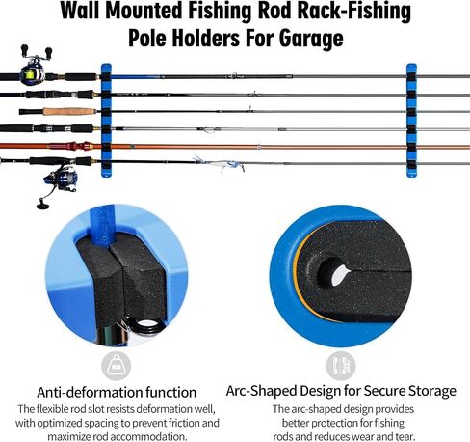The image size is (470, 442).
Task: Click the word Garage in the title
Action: (311, 39)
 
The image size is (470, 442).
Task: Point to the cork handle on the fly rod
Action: (69, 111)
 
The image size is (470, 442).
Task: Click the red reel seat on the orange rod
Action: (78, 146)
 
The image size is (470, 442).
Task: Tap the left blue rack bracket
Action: (106, 120)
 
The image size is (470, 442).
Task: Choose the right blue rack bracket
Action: (411, 120)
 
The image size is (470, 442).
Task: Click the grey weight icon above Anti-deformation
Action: (116, 366)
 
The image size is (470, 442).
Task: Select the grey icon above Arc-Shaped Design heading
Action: (341, 366)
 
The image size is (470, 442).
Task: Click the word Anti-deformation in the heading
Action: (90, 392)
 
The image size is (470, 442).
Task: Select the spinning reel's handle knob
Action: (42, 206)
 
